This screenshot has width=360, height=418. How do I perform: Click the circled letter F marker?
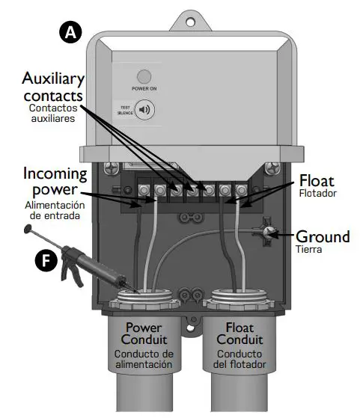pyautogui.click(x=46, y=260)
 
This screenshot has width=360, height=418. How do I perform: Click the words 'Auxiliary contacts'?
pyautogui.click(x=54, y=87)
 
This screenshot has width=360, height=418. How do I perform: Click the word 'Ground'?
pyautogui.click(x=322, y=237)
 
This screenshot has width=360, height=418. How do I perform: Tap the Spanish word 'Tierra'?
pyautogui.click(x=308, y=250)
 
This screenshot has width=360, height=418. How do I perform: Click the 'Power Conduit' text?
pyautogui.click(x=144, y=334)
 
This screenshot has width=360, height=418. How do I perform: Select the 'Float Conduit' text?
pyautogui.click(x=239, y=334)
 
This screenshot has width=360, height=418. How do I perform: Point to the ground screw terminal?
pyautogui.click(x=268, y=233)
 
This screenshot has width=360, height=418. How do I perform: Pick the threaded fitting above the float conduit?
pyautogui.click(x=239, y=304)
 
